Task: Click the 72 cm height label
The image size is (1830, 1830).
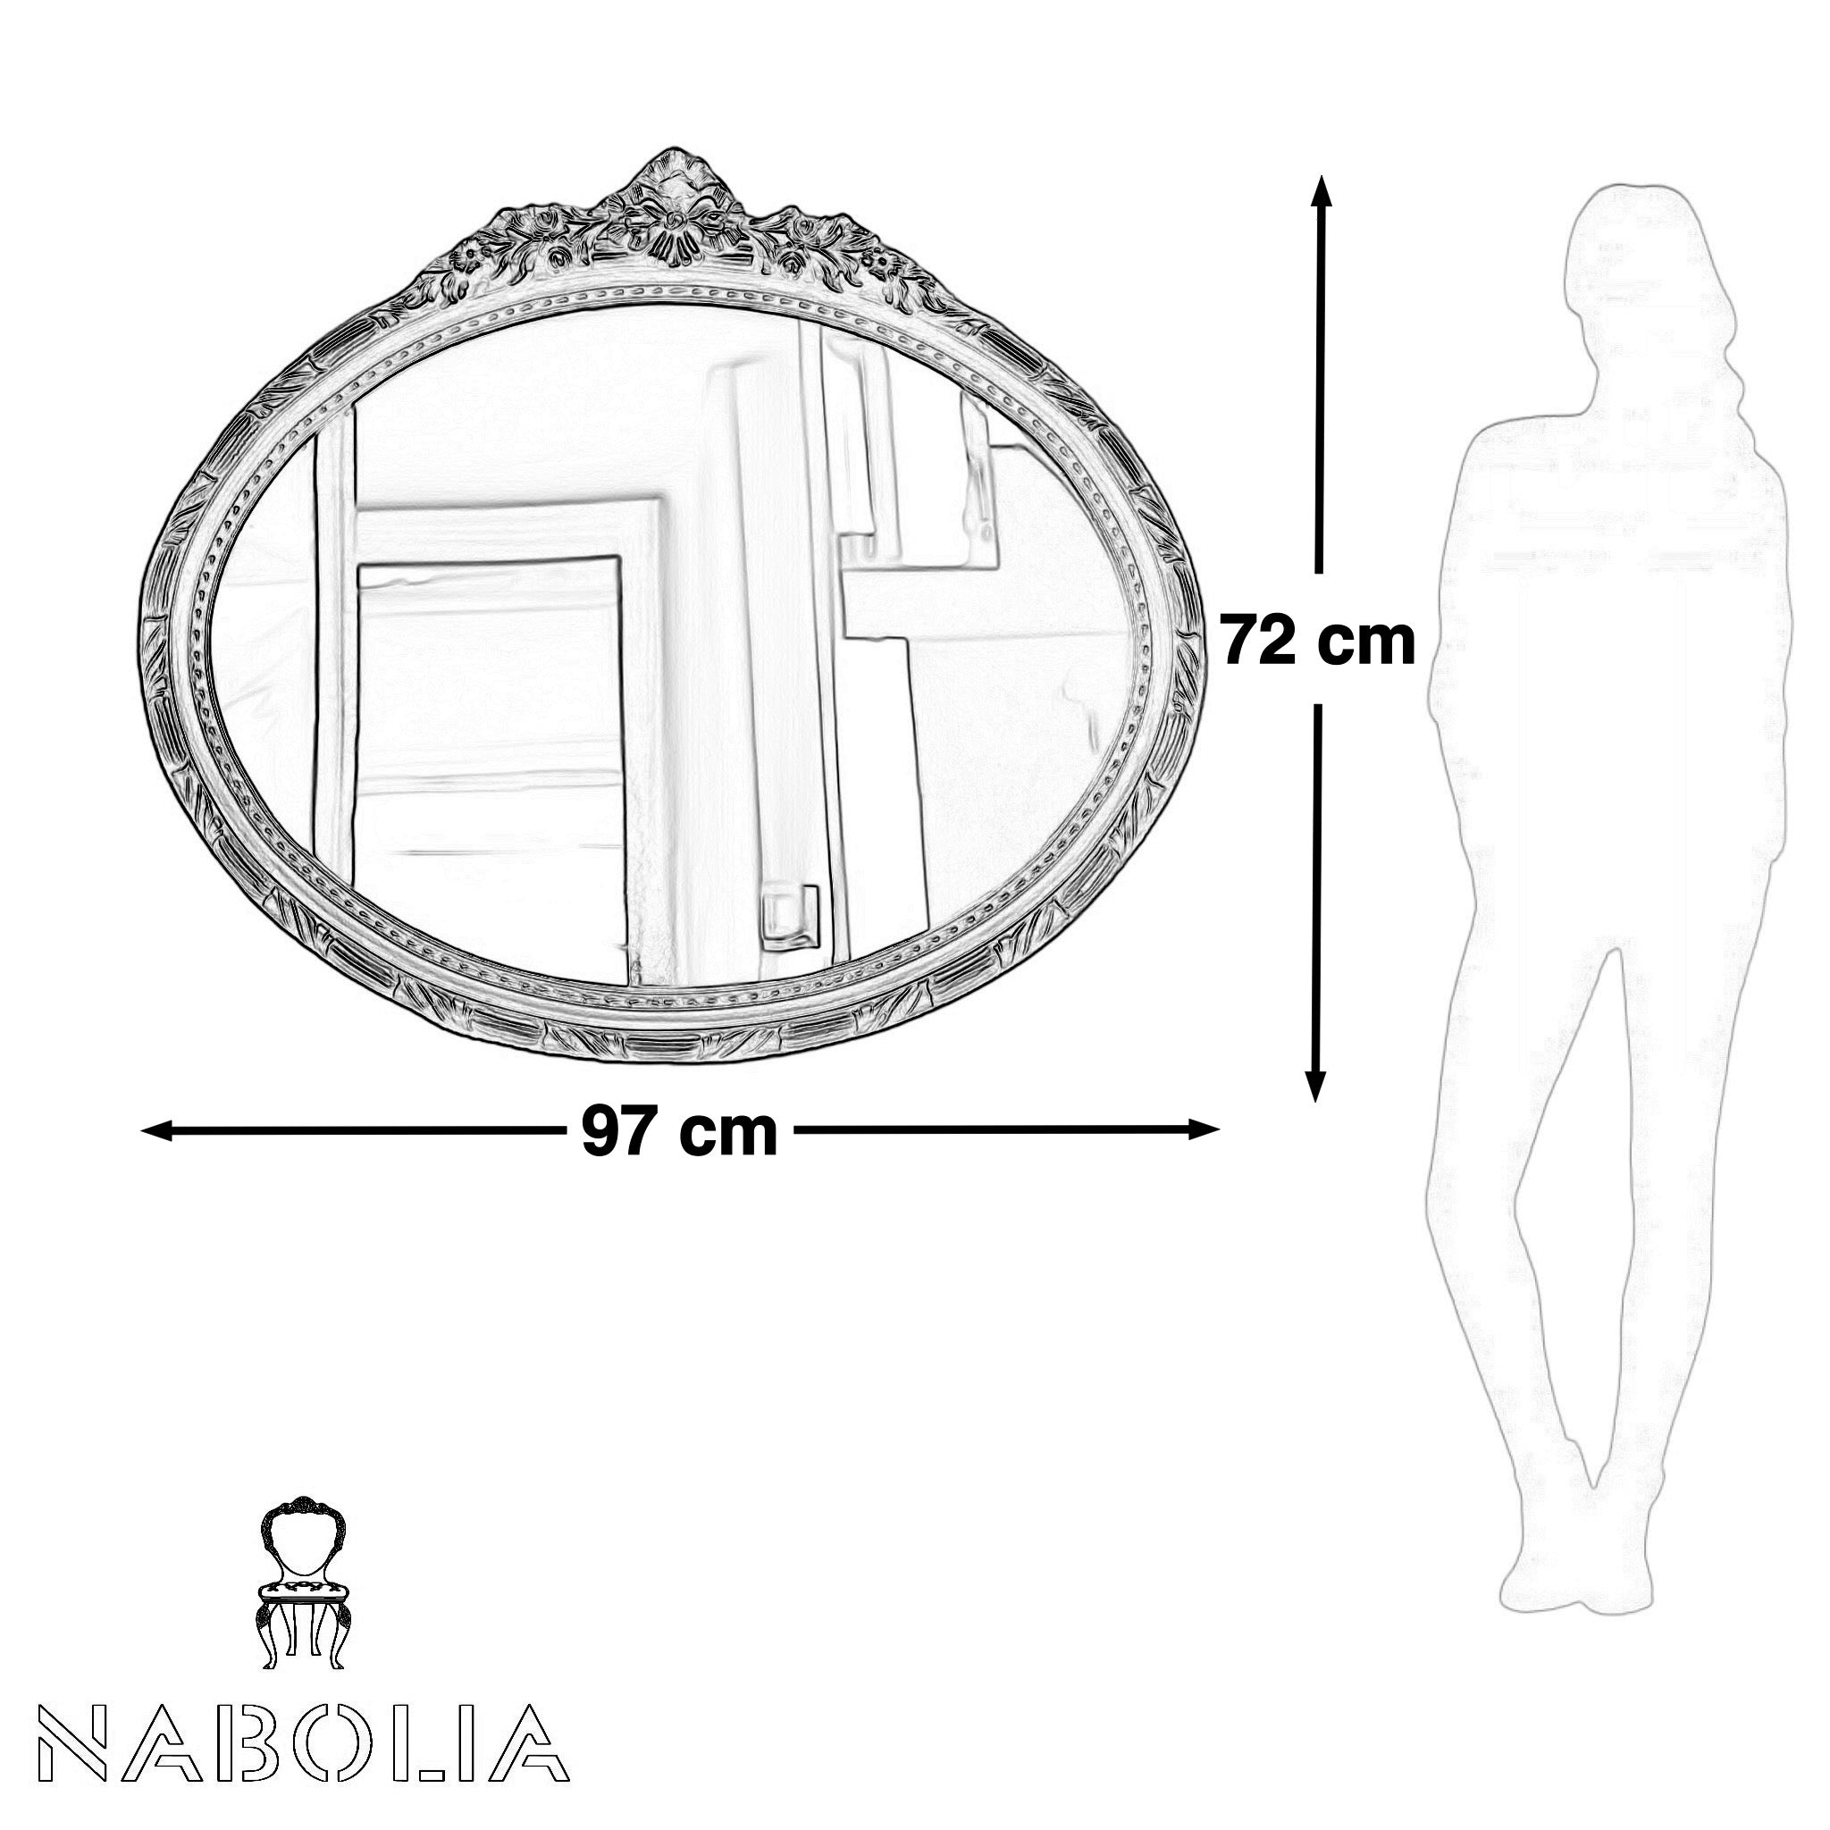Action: (1318, 642)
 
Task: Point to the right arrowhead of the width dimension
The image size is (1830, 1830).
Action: (1203, 1129)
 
